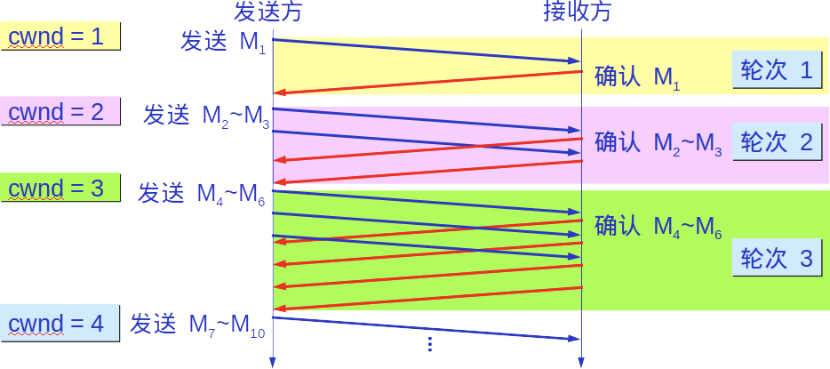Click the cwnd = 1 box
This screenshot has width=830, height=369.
click(60, 36)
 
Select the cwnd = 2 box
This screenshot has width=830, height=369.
click(60, 112)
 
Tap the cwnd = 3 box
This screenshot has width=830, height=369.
click(60, 188)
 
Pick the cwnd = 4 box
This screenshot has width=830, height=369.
click(60, 324)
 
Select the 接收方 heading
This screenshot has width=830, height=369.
click(578, 12)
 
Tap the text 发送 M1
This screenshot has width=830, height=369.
click(222, 43)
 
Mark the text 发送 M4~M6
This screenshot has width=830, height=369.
click(202, 193)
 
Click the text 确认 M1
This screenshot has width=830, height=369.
click(637, 77)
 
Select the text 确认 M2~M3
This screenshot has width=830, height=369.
click(658, 143)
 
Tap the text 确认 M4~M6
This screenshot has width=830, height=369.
click(658, 227)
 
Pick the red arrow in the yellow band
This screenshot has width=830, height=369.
click(427, 82)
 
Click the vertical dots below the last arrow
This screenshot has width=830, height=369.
click(429, 342)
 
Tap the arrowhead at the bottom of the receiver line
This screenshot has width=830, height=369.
click(581, 362)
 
